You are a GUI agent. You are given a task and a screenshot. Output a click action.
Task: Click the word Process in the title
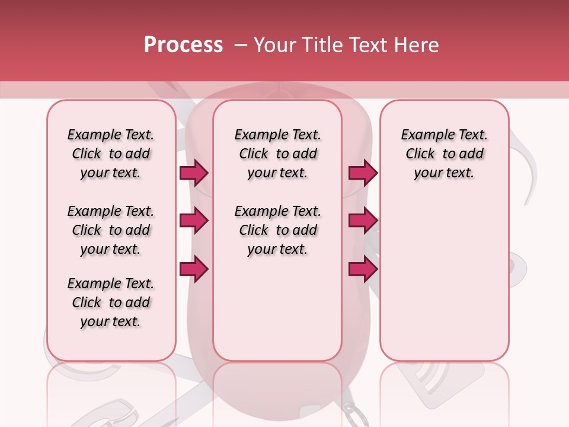click(x=183, y=45)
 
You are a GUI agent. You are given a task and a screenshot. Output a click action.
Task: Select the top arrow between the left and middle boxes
click(x=194, y=173)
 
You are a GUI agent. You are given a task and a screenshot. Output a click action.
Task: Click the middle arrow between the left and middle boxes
click(x=194, y=221)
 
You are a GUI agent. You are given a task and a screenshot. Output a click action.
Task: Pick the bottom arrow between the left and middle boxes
click(x=194, y=269)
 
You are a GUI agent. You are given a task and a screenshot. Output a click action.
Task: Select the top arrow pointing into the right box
click(x=362, y=173)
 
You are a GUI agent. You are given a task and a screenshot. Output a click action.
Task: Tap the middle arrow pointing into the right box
click(x=362, y=221)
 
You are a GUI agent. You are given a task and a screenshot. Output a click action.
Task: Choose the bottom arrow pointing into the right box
click(x=362, y=269)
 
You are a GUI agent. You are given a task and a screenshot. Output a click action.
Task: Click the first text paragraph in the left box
click(x=111, y=154)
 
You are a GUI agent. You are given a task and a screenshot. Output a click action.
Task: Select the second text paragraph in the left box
click(x=111, y=230)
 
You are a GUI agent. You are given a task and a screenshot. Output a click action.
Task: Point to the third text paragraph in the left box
click(x=111, y=302)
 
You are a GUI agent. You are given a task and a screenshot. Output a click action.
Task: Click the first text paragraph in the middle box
click(x=277, y=154)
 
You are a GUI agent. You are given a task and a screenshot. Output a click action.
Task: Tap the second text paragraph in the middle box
click(x=277, y=230)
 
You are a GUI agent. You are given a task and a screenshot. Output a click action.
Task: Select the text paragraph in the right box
click(x=444, y=154)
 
